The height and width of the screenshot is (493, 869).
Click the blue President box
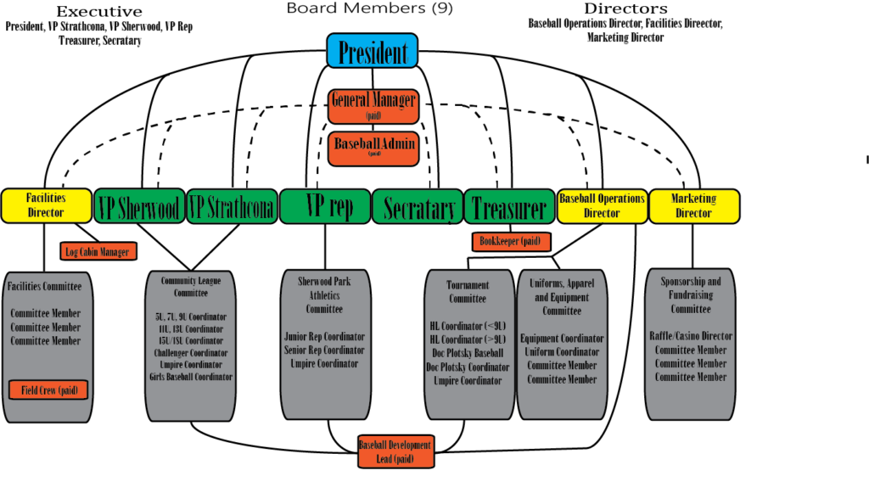pyautogui.click(x=372, y=51)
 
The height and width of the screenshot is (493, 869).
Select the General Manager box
pyautogui.click(x=373, y=106)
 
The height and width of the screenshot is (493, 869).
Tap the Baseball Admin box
pyautogui.click(x=373, y=148)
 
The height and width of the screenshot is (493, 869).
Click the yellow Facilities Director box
pyautogui.click(x=46, y=206)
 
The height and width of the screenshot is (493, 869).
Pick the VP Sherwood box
pyautogui.click(x=139, y=206)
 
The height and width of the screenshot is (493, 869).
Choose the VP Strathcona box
pyautogui.click(x=232, y=206)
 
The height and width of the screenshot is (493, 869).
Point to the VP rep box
pyautogui.click(x=325, y=206)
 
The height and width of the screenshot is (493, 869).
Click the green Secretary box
pyautogui.click(x=418, y=206)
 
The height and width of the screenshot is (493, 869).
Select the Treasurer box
pyautogui.click(x=509, y=206)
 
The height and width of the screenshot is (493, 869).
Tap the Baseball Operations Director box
pyautogui.click(x=602, y=206)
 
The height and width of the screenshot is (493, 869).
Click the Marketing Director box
pyautogui.click(x=693, y=206)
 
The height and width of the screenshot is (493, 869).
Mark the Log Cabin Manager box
pyautogui.click(x=98, y=251)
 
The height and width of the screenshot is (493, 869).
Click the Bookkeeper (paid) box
pyautogui.click(x=511, y=242)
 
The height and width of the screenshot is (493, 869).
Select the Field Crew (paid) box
pyautogui.click(x=48, y=390)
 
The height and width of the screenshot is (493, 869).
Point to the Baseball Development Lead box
pyautogui.click(x=395, y=452)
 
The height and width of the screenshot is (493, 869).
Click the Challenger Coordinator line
pyautogui.click(x=190, y=353)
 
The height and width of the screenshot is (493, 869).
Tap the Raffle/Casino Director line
pyautogui.click(x=691, y=336)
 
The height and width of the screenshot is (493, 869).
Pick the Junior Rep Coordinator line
pyautogui.click(x=324, y=337)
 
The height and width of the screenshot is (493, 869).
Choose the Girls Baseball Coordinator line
pyautogui.click(x=190, y=377)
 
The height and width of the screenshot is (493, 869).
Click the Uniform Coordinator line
pyautogui.click(x=562, y=352)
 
